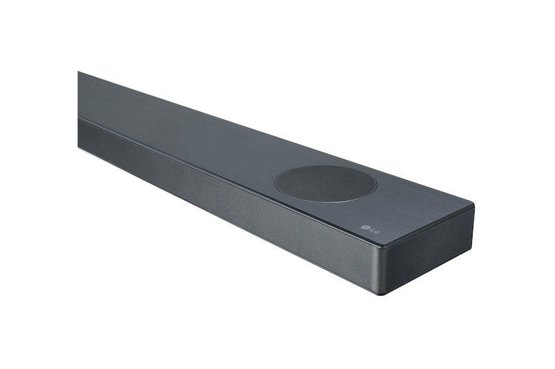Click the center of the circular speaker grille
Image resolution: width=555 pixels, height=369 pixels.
(325, 183)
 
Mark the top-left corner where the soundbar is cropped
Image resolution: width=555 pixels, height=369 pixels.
(78, 72)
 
